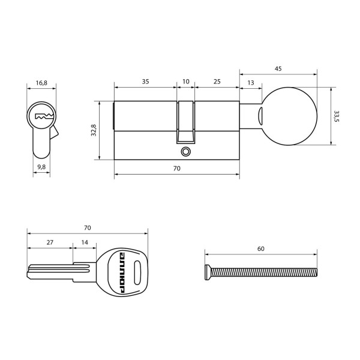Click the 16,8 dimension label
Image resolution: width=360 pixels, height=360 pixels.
point(41,83)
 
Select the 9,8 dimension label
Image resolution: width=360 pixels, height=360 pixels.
point(41,166)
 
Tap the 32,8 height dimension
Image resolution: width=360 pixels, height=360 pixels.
point(94,131)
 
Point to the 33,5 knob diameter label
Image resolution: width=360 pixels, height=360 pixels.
point(337,116)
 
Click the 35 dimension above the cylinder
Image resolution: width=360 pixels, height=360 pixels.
point(145,81)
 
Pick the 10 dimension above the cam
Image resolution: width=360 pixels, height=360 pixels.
point(185,81)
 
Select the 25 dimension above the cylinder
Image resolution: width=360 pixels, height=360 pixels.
point(217,81)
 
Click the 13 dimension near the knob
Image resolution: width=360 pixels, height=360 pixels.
point(250,82)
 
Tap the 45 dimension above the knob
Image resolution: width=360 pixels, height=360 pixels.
point(278,69)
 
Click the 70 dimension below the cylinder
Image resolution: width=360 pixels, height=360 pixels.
point(176,169)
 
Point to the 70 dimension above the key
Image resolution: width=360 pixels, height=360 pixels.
point(87,228)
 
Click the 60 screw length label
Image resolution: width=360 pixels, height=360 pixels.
point(260,248)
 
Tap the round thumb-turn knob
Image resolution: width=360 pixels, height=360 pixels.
point(290,116)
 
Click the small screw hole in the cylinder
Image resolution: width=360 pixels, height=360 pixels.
point(185,151)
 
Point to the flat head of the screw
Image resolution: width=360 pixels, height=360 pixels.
point(208,272)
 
